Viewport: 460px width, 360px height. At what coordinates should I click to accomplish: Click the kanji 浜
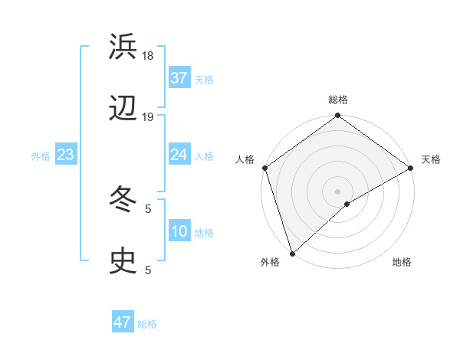pos(123,47)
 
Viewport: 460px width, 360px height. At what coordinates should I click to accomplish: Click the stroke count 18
pos(149,55)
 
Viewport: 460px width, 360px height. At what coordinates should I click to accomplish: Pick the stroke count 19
pos(149,117)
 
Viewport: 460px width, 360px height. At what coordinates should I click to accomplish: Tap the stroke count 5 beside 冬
pos(147,208)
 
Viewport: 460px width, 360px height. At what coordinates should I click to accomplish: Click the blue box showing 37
pos(179,77)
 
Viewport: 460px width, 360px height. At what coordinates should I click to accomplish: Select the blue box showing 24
pos(179,155)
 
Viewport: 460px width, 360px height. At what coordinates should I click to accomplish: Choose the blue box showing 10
pos(179,231)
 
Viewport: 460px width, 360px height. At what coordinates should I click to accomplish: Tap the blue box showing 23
pos(66,155)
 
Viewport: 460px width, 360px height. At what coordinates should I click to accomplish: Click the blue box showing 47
pos(123,322)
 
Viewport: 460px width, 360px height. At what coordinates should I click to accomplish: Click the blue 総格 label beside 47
pos(147,324)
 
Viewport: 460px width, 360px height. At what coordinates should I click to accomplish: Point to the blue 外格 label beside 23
pos(41,156)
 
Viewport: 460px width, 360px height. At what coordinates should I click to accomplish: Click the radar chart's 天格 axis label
pos(431,159)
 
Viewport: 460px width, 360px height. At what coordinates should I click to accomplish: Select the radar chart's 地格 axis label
pos(402,263)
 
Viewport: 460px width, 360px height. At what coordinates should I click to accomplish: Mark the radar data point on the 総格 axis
pos(337,116)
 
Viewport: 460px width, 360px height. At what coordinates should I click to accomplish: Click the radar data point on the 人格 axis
pos(264,168)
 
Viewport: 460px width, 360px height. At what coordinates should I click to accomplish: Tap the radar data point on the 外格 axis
pos(292,253)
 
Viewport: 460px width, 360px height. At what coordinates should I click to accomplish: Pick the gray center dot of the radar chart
pos(337,191)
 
